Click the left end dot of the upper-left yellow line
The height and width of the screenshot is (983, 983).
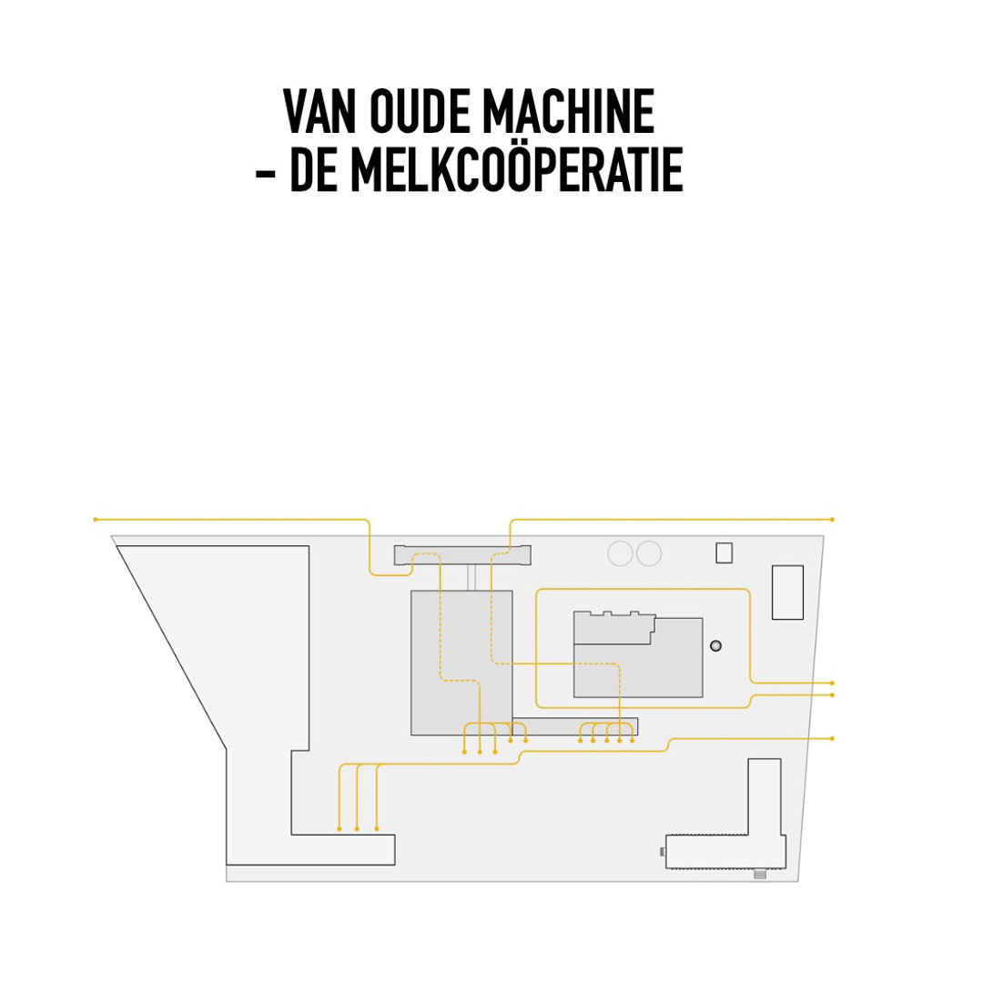click(96, 520)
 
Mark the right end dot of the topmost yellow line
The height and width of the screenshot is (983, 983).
click(832, 520)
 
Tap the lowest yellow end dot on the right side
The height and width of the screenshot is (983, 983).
click(832, 738)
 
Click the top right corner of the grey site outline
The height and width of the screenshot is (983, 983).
click(824, 536)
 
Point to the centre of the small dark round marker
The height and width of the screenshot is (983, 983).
click(716, 645)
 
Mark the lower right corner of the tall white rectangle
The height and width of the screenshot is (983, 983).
click(803, 620)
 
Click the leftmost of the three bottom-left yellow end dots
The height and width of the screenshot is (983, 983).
click(339, 829)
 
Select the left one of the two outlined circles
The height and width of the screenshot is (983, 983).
click(621, 553)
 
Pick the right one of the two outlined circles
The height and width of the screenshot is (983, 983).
click(649, 553)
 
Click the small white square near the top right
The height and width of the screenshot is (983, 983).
click(725, 553)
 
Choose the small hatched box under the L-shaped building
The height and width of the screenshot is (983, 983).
click(760, 874)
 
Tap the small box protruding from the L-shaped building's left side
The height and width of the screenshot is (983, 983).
click(663, 851)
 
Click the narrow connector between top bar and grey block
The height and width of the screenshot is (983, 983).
click(471, 577)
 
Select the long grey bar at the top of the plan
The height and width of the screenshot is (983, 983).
click(462, 555)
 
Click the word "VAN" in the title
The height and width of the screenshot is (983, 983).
click(319, 112)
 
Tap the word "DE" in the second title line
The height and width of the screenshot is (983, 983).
click(313, 169)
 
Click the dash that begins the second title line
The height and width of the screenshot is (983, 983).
click(265, 173)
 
